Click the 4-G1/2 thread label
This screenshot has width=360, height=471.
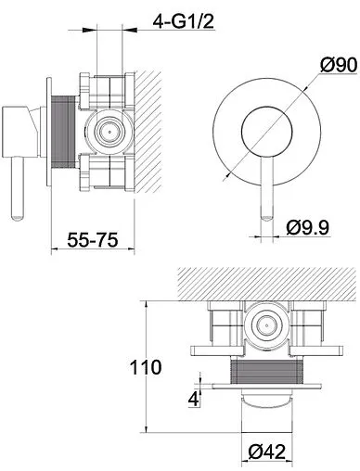184,22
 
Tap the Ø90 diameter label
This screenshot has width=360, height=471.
339,65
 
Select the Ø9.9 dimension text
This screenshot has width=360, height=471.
308,227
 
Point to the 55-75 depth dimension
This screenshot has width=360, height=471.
93,239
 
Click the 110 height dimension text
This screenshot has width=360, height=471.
146,367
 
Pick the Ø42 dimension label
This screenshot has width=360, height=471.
266,452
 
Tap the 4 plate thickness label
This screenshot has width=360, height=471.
193,400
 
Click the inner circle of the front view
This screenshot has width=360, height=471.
266,132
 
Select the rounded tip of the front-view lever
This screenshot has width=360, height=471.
267,218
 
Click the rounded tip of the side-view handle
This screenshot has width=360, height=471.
18,217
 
